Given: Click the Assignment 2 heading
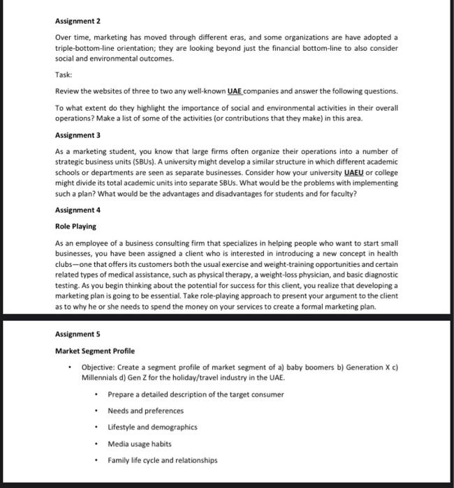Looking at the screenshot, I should (77, 22).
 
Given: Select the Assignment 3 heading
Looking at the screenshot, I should (77, 135).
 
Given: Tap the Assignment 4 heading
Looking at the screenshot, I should (77, 210).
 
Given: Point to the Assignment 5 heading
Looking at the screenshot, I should (77, 334).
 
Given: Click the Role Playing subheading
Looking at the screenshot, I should (75, 227).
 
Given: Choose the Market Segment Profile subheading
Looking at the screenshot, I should (95, 351).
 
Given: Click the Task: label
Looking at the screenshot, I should (63, 75).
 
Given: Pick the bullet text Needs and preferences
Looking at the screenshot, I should (145, 411).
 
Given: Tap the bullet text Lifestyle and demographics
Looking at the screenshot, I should (152, 427).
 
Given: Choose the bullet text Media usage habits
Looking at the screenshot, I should (139, 444).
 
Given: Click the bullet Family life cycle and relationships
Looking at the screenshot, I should (162, 460).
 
